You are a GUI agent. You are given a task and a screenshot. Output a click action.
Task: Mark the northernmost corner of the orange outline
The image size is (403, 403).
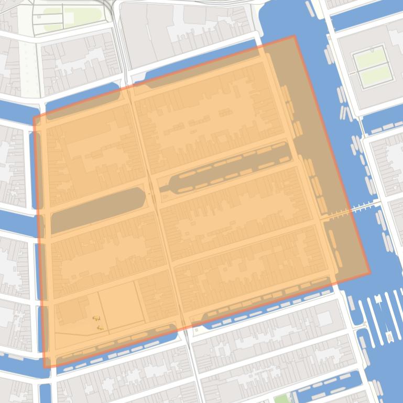pyautogui.click(x=294, y=36)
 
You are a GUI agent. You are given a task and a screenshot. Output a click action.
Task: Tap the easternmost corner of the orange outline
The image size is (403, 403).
pyautogui.click(x=370, y=273)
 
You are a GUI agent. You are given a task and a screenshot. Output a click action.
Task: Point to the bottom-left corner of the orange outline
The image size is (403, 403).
pyautogui.click(x=45, y=367)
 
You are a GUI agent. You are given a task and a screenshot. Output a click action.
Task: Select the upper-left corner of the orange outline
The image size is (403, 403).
pyautogui.click(x=34, y=117)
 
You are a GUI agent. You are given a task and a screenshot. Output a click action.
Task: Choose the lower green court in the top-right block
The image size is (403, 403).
pyautogui.click(x=376, y=77)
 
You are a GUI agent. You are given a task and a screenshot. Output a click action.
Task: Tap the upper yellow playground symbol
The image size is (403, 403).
pyautogui.click(x=96, y=318)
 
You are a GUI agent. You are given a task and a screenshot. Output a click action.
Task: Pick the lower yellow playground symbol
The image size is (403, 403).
pyautogui.click(x=100, y=328)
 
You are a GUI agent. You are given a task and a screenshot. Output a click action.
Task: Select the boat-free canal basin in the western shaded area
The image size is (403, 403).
pyautogui.click(x=97, y=209)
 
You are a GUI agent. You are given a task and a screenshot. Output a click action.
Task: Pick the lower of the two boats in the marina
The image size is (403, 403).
pyautogui.click(x=389, y=335)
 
